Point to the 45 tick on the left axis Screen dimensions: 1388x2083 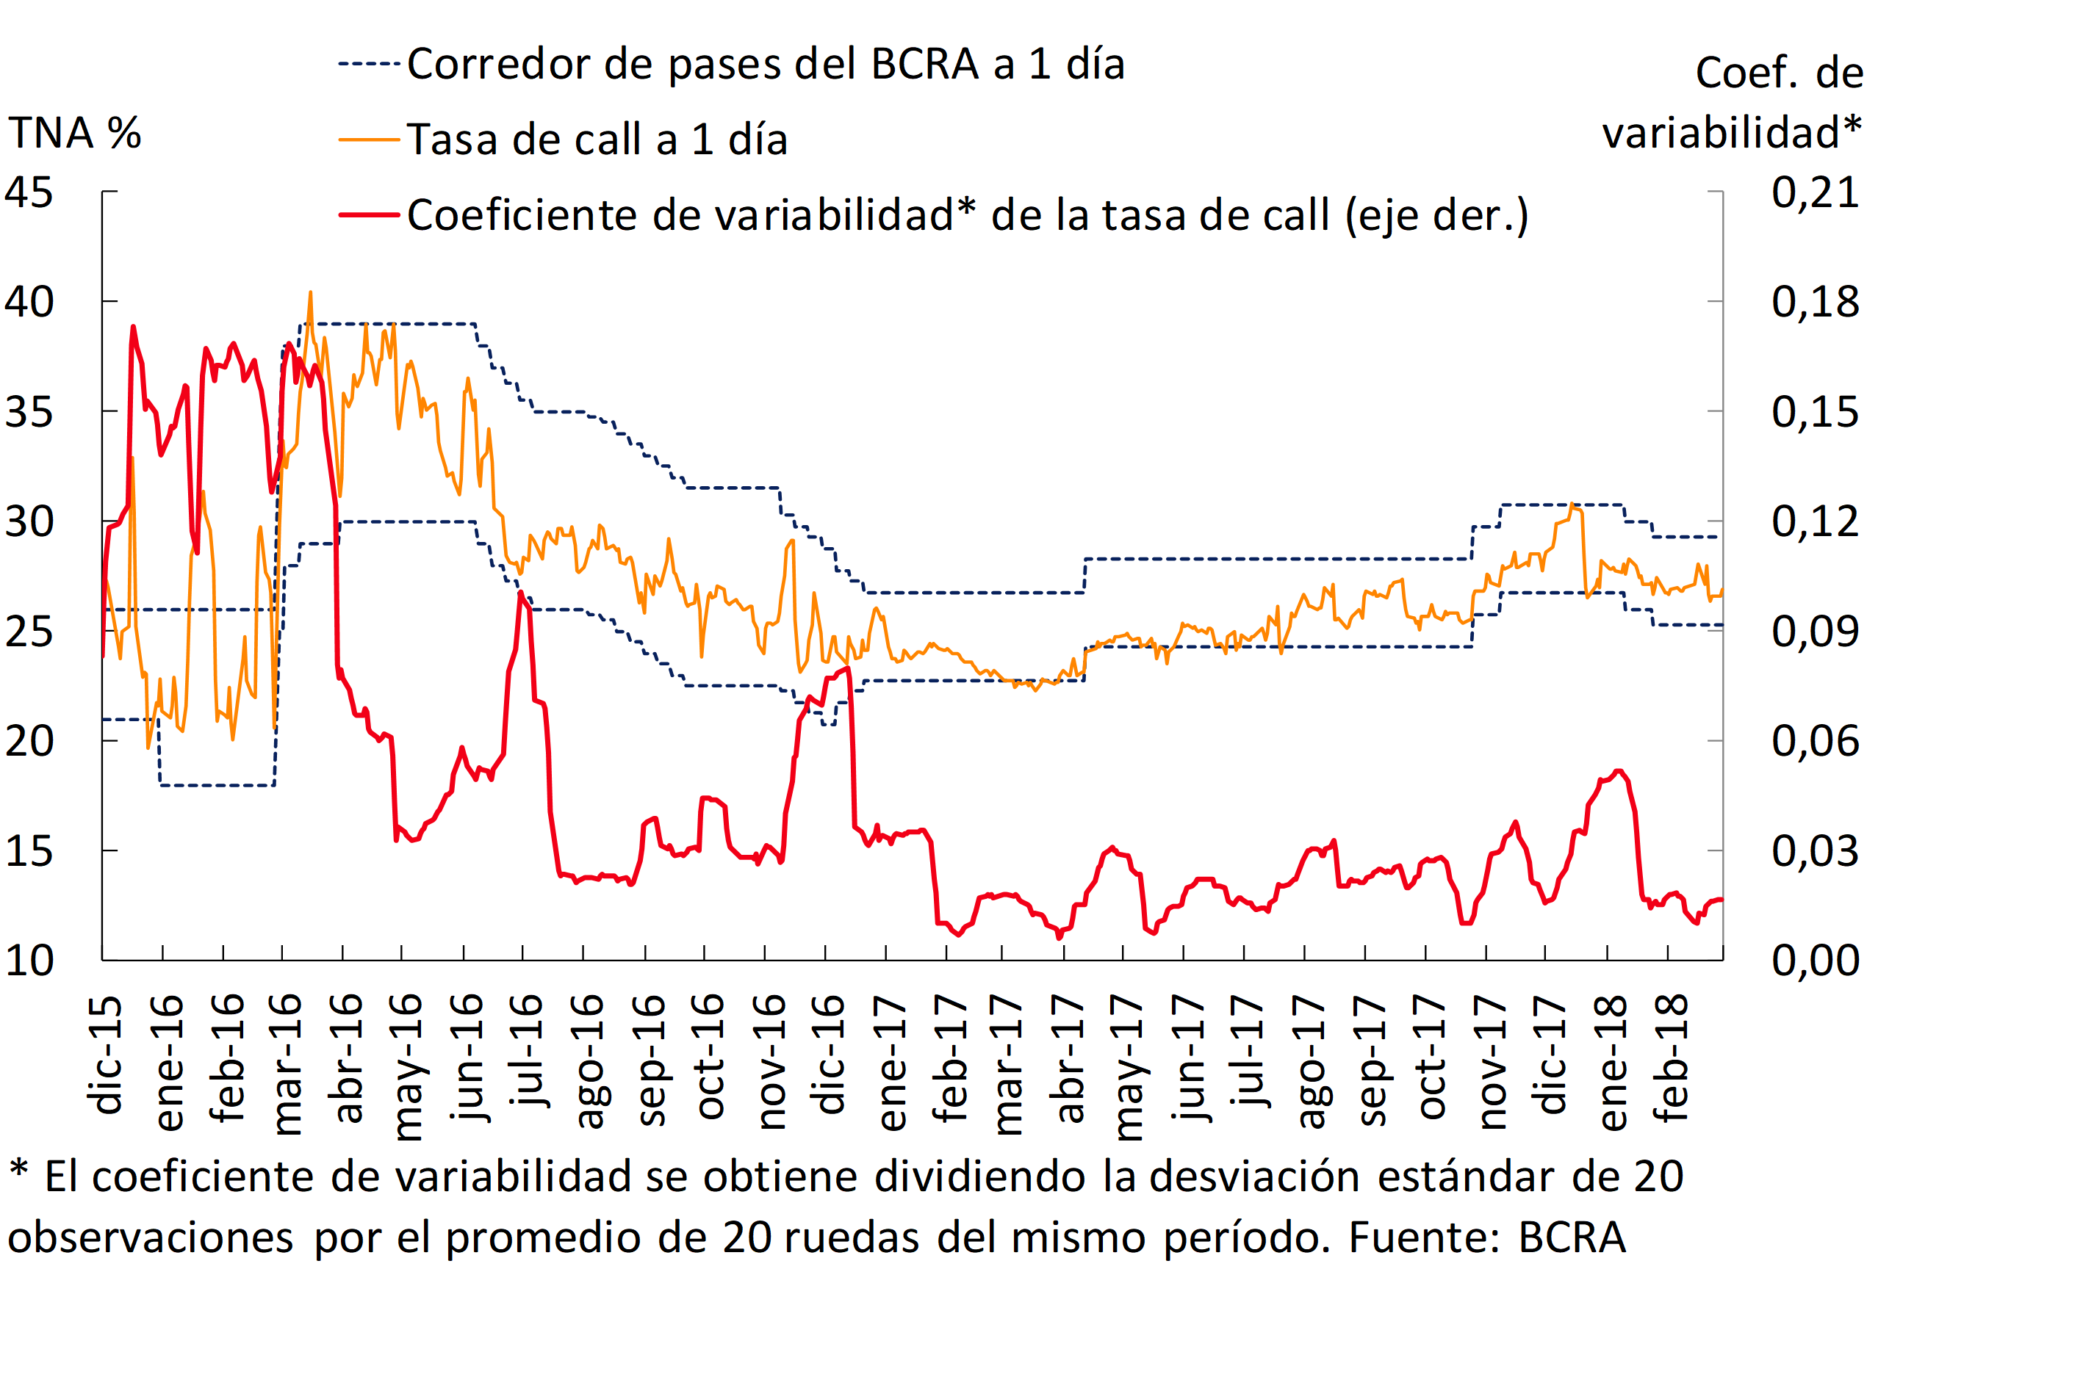click(x=29, y=192)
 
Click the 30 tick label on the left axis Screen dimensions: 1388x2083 click(x=29, y=521)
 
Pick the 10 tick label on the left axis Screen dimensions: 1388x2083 click(x=29, y=961)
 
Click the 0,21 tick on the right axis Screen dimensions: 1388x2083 click(x=1815, y=192)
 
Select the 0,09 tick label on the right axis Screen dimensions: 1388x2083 click(x=1815, y=631)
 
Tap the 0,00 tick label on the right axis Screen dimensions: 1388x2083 click(x=1815, y=961)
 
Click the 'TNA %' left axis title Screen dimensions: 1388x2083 click(x=74, y=133)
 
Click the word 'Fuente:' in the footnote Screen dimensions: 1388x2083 click(x=1424, y=1237)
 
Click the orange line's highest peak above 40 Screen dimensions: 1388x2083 click(x=310, y=292)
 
